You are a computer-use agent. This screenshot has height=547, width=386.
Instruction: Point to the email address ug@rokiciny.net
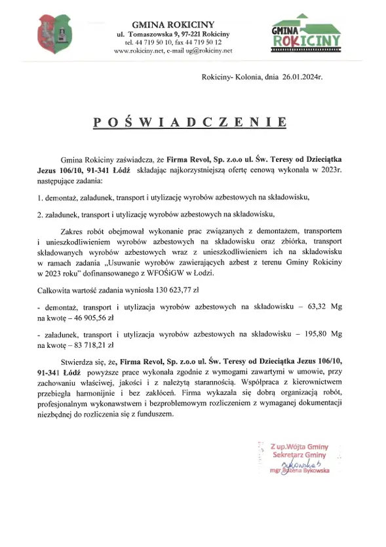209,50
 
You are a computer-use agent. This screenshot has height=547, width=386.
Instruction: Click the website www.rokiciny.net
136,50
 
